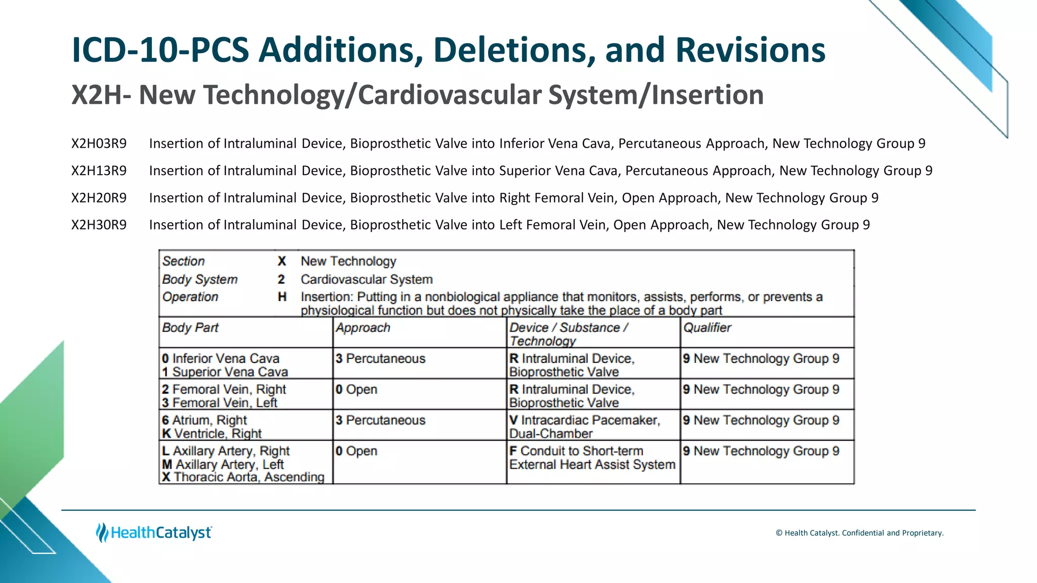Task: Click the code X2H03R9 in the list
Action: coord(99,144)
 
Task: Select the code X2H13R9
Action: coord(99,171)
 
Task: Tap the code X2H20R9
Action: coord(99,198)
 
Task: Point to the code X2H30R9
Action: coord(99,225)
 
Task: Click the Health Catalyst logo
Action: coord(154,532)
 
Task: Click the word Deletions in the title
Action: coord(513,50)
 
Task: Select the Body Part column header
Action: coord(190,328)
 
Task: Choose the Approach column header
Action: coord(363,328)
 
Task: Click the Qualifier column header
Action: coord(707,328)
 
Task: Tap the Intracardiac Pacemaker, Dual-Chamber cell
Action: coord(585,427)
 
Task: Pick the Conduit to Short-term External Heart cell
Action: coord(592,458)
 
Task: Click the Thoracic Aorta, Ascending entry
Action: coord(244,477)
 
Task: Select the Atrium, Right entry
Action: coord(205,420)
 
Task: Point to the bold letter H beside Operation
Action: coord(282,297)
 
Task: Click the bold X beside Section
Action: coord(282,261)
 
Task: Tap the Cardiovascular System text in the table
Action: coord(367,279)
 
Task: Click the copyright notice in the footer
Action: coord(859,533)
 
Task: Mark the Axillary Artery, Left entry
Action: coord(223,465)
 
